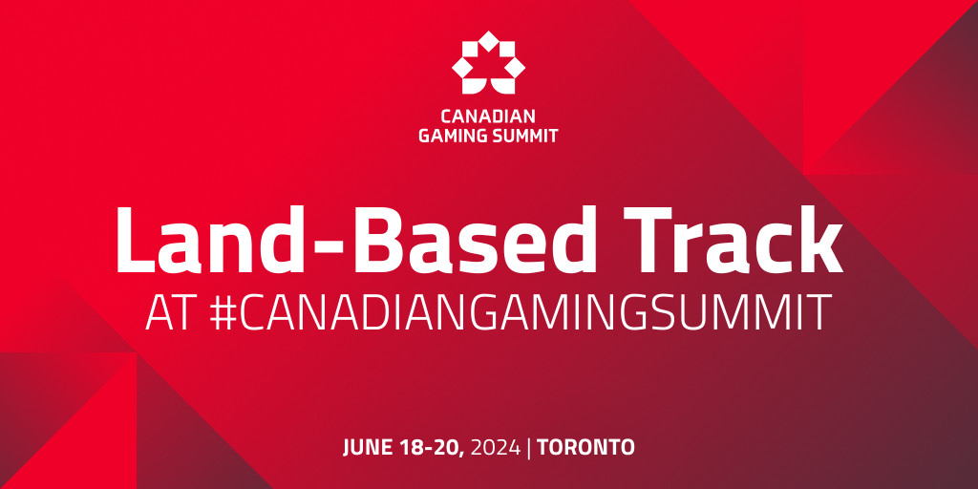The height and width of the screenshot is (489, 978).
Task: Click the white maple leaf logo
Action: (488, 62)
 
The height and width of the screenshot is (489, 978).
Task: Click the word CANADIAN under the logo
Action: (488, 116)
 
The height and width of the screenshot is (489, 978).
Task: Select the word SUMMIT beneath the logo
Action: (524, 136)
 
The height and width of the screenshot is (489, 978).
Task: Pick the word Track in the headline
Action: (733, 240)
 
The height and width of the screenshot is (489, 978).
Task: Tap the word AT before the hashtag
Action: (170, 312)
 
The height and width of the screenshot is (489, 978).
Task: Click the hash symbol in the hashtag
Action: (223, 312)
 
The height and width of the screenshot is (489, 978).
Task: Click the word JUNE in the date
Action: (367, 447)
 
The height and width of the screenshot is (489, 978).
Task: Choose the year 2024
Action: (496, 447)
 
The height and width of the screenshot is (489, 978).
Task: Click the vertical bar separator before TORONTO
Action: (529, 448)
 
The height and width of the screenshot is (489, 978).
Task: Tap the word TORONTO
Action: (586, 447)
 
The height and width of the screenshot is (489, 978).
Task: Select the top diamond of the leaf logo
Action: (488, 40)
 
